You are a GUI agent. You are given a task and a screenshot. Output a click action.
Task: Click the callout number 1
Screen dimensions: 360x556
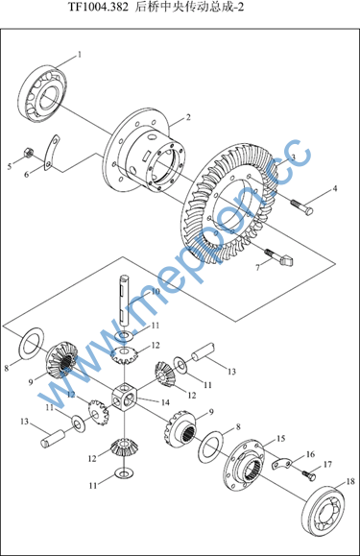point(80,55)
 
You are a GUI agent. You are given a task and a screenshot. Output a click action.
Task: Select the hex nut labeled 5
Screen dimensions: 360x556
point(28,153)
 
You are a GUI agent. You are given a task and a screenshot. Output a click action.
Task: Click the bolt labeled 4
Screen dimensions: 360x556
point(301,207)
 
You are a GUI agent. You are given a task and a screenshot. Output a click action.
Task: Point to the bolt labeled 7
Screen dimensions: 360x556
point(278,257)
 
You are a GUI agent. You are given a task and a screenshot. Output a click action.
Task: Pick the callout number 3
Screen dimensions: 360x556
point(293,157)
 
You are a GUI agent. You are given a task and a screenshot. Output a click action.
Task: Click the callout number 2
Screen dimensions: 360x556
point(188,117)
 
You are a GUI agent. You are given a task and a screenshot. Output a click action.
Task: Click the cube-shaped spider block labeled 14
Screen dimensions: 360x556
point(125,398)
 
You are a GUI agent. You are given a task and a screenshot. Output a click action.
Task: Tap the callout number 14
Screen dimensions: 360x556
point(165,402)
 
